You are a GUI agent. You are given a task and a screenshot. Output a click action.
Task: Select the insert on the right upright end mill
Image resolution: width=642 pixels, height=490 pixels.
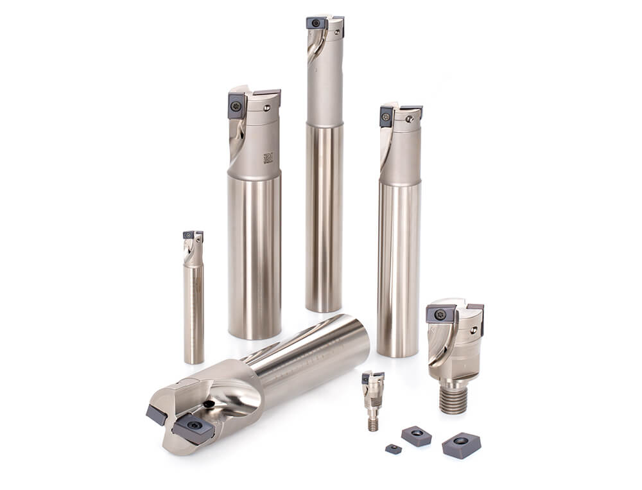[386, 116]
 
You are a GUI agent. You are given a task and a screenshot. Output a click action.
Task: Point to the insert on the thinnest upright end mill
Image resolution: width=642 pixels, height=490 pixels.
[189, 236]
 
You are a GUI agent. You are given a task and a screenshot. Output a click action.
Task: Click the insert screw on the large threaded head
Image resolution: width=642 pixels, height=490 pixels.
[440, 315]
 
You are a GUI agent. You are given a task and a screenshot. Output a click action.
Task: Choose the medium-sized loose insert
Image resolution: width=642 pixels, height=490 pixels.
[416, 435]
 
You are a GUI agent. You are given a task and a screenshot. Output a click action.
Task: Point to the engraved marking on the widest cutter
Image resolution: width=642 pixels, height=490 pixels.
[268, 157]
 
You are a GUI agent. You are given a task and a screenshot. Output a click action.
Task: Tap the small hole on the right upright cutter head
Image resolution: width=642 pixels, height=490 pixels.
[408, 119]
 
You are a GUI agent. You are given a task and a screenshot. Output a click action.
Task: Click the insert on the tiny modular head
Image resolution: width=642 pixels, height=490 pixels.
[371, 378]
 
